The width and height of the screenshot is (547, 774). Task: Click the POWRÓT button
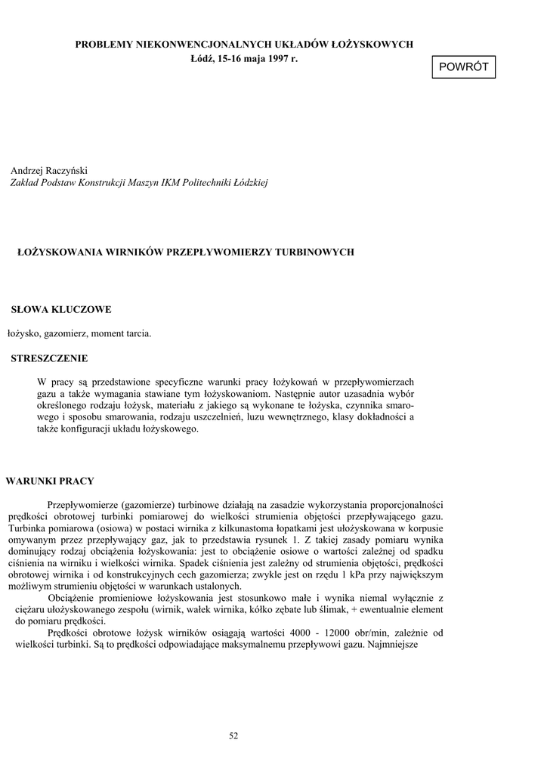[x=464, y=67]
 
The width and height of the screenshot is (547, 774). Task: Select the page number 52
[x=233, y=736]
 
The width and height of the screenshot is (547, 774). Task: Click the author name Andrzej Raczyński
[x=50, y=171]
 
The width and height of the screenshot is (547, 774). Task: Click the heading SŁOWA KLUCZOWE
[x=61, y=309]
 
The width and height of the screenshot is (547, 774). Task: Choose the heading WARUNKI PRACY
[x=50, y=481]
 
